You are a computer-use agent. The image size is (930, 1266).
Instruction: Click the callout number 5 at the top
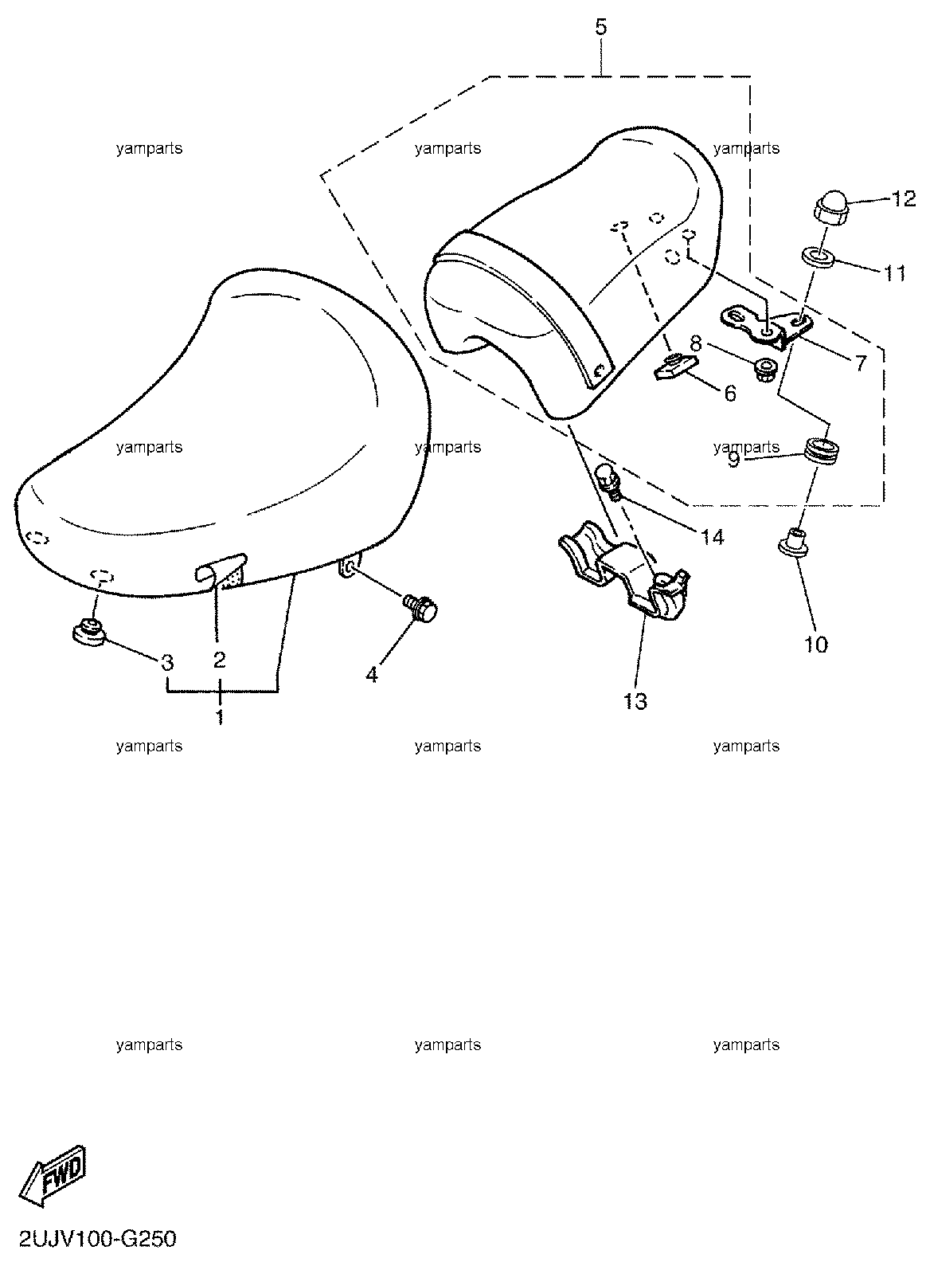[601, 26]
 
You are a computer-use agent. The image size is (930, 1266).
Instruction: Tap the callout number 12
[904, 199]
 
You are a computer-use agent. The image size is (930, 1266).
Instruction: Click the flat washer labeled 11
[819, 257]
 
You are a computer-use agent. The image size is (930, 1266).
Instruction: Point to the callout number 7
[860, 363]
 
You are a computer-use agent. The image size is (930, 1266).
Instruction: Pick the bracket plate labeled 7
[766, 327]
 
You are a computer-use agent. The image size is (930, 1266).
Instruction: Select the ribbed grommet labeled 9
[823, 448]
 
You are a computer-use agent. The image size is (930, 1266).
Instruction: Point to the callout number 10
[816, 645]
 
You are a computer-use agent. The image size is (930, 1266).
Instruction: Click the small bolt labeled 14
[610, 480]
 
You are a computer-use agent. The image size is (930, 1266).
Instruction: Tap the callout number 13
[635, 701]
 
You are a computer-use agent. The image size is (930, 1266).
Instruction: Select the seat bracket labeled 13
[624, 570]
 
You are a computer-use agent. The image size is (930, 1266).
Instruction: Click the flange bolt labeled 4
[420, 609]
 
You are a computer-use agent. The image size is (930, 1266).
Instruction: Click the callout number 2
[220, 659]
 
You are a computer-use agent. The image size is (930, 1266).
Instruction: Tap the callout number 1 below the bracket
[220, 716]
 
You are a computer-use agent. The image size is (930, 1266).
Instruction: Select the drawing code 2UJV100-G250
[98, 1240]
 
